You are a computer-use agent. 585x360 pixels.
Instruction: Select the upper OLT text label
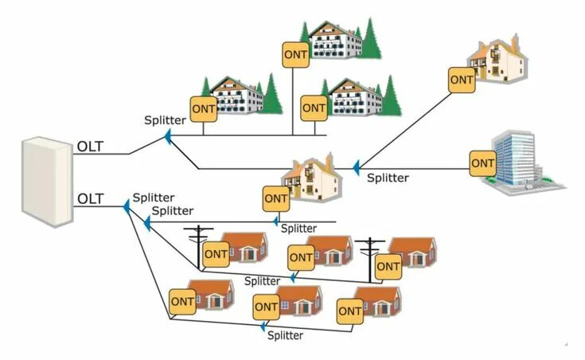point(91,148)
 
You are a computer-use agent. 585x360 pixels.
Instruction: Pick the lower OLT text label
point(91,198)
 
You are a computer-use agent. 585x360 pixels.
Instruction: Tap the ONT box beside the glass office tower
point(483,164)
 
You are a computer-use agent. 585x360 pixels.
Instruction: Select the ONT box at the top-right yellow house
point(461,80)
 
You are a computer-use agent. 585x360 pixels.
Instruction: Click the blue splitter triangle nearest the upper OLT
point(168,138)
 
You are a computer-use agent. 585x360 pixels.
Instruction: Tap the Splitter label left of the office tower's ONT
point(388,178)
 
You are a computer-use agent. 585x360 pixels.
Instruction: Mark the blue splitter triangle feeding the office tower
point(356,167)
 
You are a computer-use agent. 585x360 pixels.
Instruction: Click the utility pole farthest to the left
point(195,247)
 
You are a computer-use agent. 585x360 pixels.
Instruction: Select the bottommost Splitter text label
point(285,335)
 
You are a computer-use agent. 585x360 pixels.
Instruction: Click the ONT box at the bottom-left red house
point(182,302)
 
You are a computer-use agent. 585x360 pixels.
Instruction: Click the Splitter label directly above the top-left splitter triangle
point(165,120)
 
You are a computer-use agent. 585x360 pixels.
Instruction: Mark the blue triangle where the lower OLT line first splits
point(126,208)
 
